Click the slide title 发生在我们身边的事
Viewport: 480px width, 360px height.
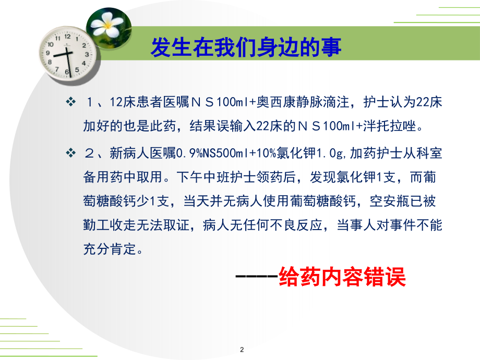point(246,48)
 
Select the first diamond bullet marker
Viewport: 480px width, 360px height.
point(71,102)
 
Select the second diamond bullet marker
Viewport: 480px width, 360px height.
point(71,153)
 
